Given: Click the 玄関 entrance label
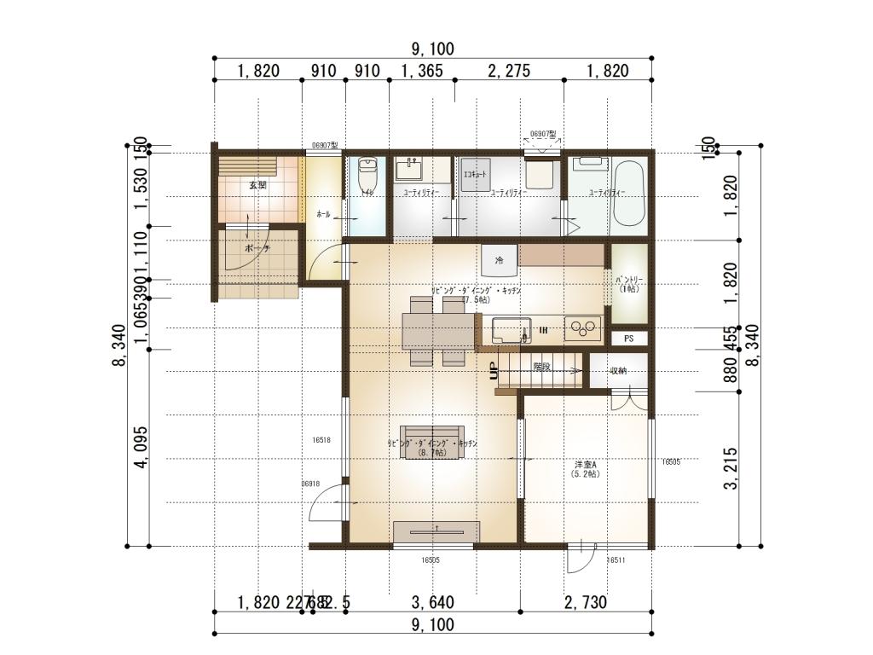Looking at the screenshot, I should coord(257,184).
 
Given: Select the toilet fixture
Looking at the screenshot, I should coord(367,177).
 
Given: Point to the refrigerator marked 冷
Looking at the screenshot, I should coord(499,259).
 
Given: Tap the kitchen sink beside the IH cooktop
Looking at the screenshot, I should coord(509,329).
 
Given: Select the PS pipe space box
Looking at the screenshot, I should coord(629,339).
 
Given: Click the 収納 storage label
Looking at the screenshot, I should coord(619,370).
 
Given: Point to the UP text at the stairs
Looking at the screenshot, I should coord(494,371).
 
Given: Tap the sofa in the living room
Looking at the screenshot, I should coord(432,442).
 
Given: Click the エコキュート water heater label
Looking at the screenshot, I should coord(475,174).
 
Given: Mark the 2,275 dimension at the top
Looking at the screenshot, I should coord(508,71).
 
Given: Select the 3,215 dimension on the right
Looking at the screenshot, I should coord(730,468).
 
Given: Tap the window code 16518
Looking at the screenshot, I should coord(321,440).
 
